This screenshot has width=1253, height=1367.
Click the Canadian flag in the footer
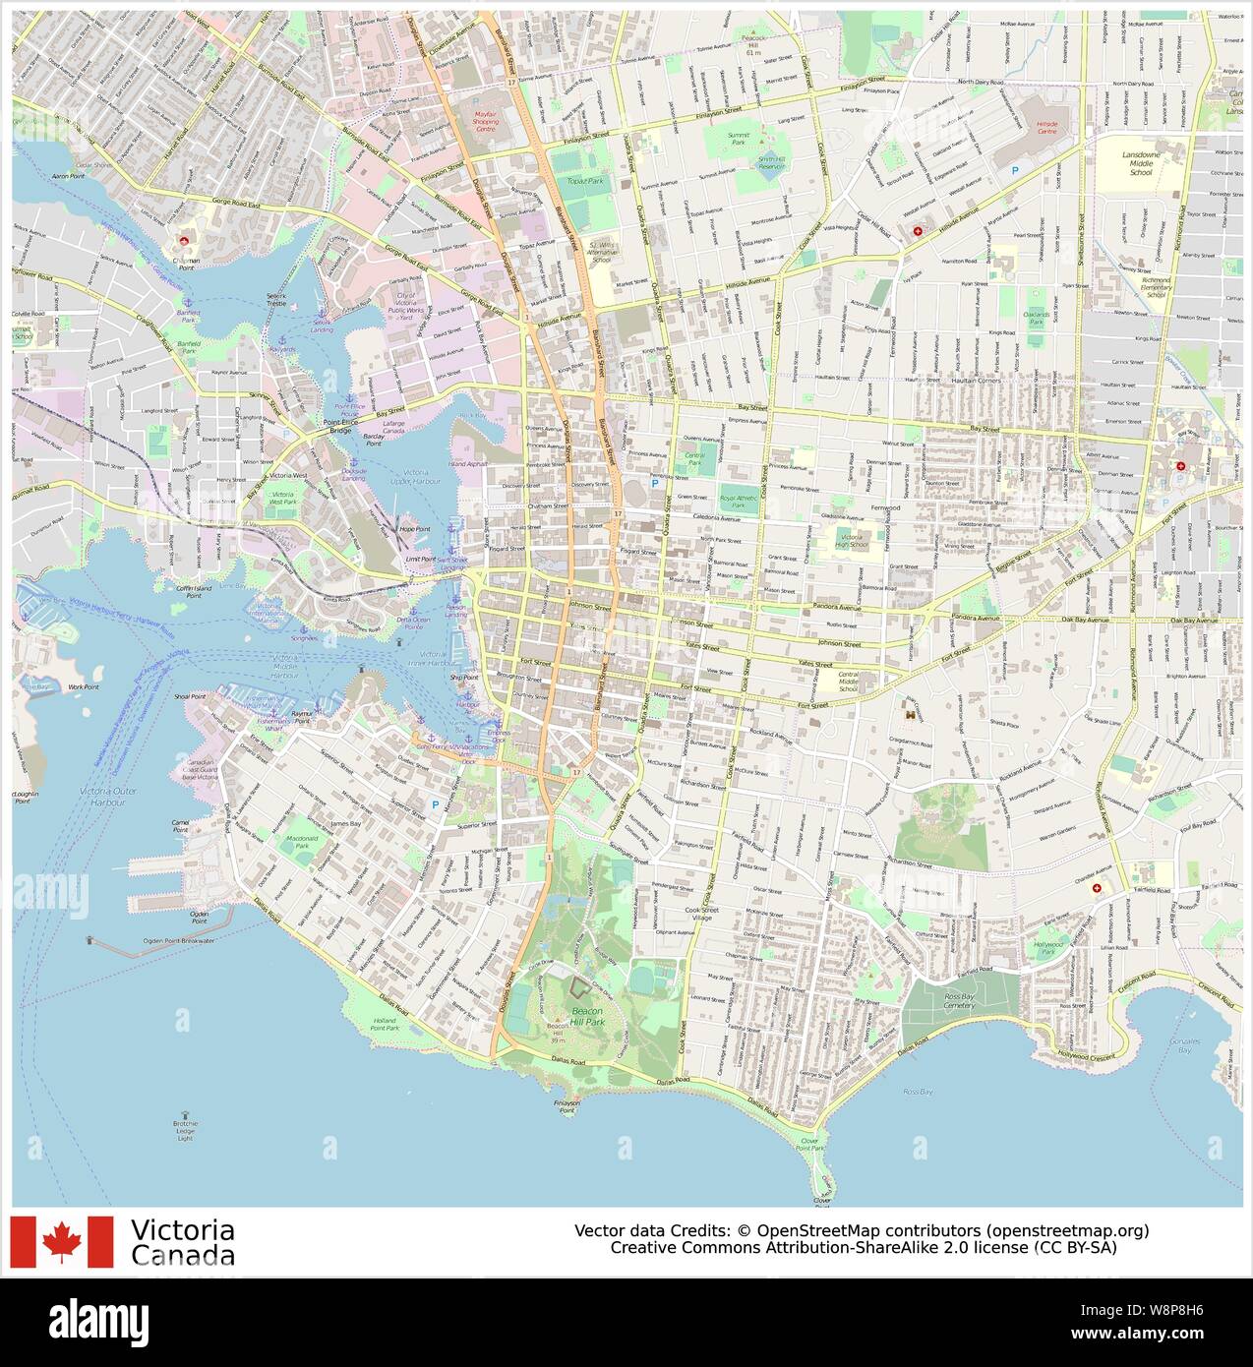click(62, 1241)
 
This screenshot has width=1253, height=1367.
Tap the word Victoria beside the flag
click(182, 1230)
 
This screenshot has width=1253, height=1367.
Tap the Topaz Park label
click(584, 182)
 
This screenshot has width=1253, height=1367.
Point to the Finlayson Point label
click(565, 1107)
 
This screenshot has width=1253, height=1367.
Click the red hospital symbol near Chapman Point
click(181, 240)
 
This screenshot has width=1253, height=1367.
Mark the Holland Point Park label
click(385, 1024)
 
